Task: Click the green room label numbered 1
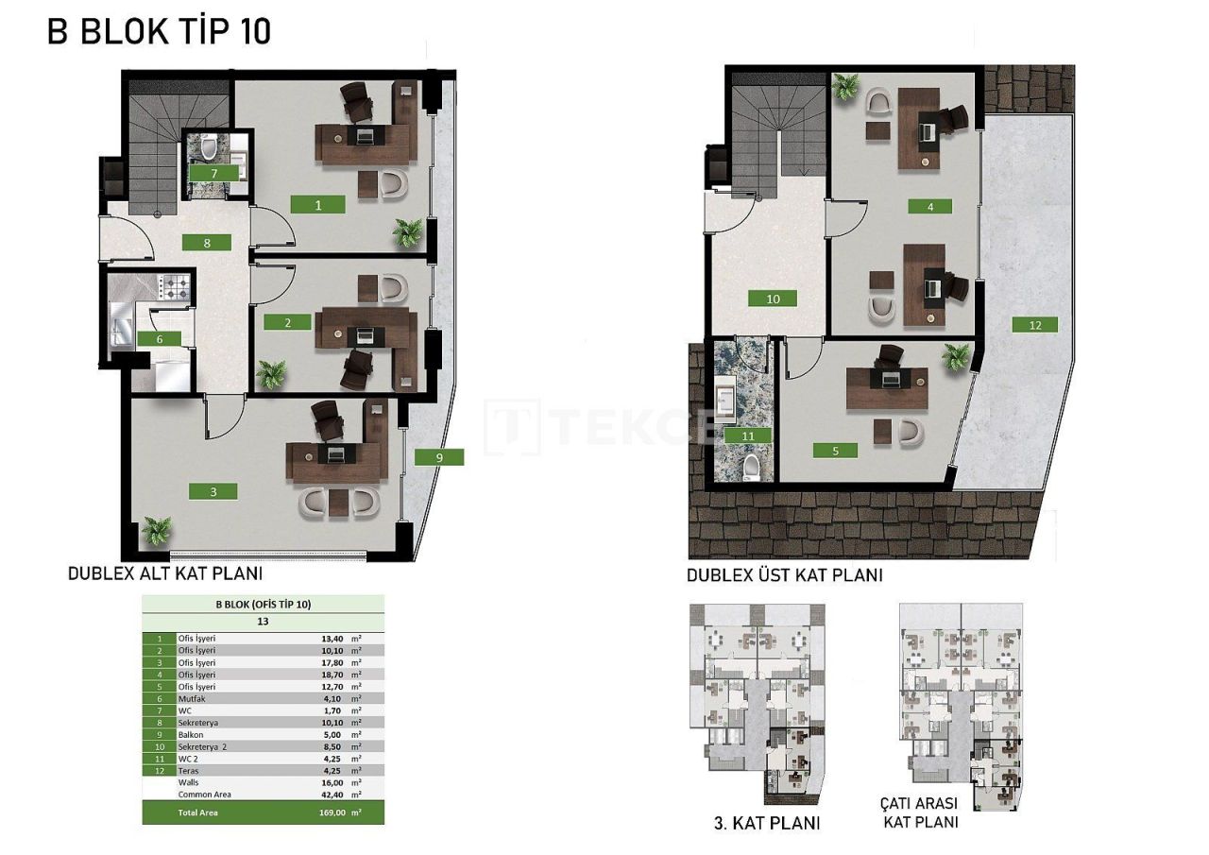click(x=318, y=204)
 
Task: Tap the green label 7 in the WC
click(x=214, y=173)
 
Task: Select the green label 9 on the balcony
click(x=439, y=457)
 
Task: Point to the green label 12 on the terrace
click(x=1034, y=324)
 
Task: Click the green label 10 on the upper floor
click(x=774, y=299)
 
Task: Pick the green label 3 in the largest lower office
click(x=213, y=491)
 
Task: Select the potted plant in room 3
click(x=156, y=530)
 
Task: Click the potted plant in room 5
click(x=956, y=357)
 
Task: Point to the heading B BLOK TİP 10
click(x=159, y=31)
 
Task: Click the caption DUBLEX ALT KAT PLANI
click(x=164, y=573)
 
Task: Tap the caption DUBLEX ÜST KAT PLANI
click(x=784, y=574)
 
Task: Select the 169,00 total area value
click(x=335, y=812)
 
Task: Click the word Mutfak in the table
click(x=191, y=698)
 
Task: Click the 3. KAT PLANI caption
click(x=767, y=823)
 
